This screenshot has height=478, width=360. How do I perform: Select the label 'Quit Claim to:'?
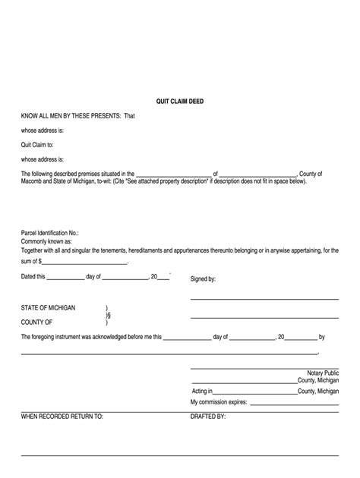[37, 144]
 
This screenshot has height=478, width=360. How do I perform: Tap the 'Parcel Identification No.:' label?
[49, 234]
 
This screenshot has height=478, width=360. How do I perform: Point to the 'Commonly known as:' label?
[46, 241]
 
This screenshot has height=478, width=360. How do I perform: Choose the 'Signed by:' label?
[203, 279]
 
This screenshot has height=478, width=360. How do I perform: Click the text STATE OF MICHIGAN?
[48, 307]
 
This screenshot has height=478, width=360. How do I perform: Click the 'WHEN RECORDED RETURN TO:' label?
[62, 417]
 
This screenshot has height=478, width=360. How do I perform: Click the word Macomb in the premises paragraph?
[33, 181]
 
